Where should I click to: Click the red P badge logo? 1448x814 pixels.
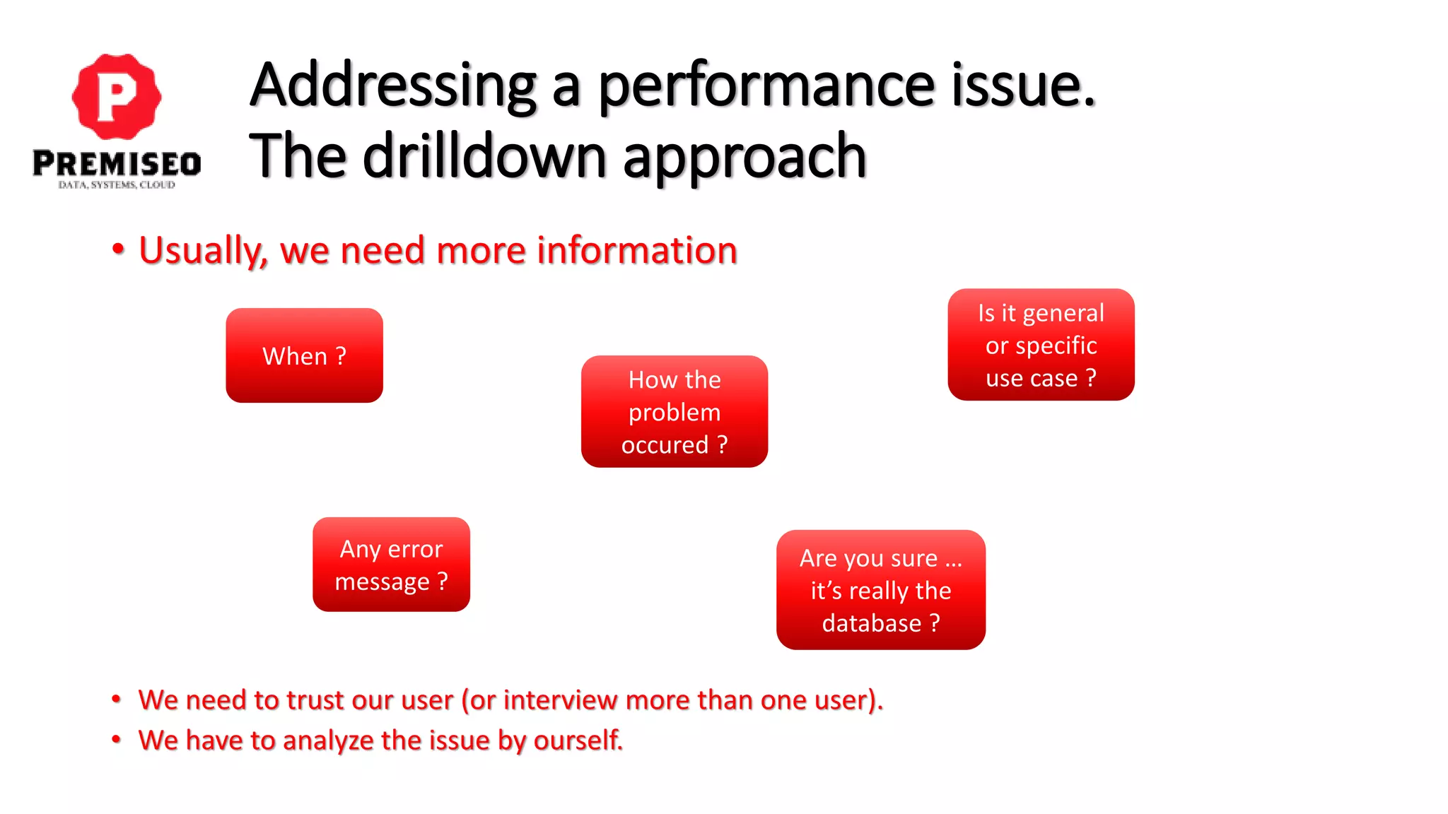pos(117,96)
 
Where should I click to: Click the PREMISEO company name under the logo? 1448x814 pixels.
pos(117,164)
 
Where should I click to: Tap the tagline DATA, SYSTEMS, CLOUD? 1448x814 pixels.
pos(117,185)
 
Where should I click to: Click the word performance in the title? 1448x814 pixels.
pos(766,86)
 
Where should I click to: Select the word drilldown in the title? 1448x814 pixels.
pos(484,157)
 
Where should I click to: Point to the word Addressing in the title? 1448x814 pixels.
pos(393,86)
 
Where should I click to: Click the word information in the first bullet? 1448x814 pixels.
pos(637,251)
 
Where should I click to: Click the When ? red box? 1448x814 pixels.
pos(304,355)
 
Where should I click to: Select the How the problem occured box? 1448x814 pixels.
pos(674,411)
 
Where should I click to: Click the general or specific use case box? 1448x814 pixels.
pos(1041,345)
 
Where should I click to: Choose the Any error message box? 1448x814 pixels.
pos(391,565)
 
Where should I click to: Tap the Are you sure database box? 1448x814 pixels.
pos(880,590)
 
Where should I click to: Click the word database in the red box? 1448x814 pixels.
pos(871,623)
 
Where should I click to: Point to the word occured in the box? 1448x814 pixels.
pos(665,445)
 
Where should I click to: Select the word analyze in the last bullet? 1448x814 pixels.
pos(328,741)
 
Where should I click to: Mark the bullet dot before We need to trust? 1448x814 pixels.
pos(117,700)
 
